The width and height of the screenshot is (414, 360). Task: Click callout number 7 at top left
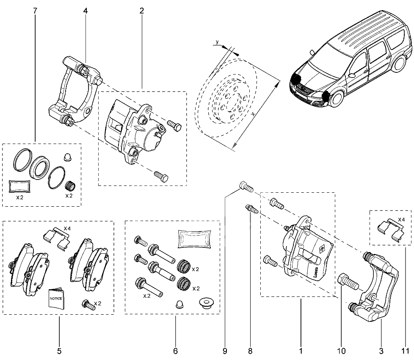click(x=35, y=11)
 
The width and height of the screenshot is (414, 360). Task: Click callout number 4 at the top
click(x=86, y=11)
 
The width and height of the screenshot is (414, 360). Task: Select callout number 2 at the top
click(x=141, y=11)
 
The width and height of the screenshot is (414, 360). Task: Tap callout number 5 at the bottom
click(x=59, y=351)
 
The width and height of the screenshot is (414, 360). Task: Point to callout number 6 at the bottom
click(x=175, y=351)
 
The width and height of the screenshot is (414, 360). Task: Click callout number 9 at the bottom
click(x=225, y=351)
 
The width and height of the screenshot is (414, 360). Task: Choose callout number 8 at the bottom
click(x=250, y=351)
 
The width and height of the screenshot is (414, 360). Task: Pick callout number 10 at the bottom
click(x=341, y=351)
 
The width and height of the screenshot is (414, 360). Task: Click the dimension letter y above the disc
click(x=217, y=42)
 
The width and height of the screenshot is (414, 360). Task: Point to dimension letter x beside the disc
click(x=253, y=115)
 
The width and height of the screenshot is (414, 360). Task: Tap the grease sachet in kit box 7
click(x=20, y=185)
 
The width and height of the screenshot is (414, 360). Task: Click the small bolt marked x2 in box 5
click(x=87, y=304)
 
